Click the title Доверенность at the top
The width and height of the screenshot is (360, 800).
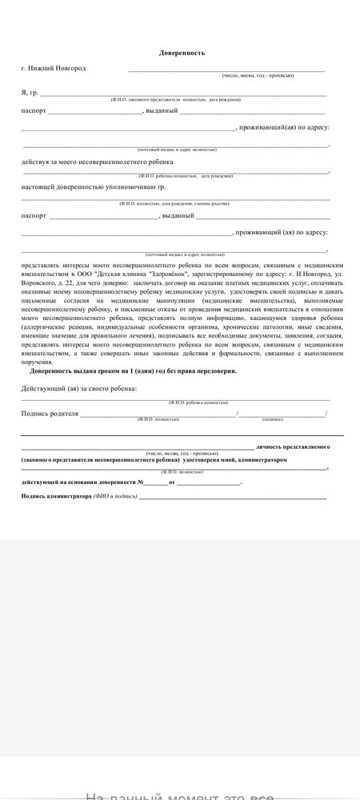(x=182, y=53)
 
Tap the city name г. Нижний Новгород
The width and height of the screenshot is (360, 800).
(x=53, y=68)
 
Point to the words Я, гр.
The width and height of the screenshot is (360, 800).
(x=30, y=93)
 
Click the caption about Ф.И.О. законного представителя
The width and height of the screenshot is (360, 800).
(x=175, y=99)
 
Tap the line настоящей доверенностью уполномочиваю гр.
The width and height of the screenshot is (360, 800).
(x=94, y=186)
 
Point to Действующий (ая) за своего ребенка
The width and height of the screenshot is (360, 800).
(x=78, y=388)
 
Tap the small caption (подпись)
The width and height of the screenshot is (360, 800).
(x=272, y=419)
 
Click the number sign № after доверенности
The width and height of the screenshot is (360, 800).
(x=139, y=482)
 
